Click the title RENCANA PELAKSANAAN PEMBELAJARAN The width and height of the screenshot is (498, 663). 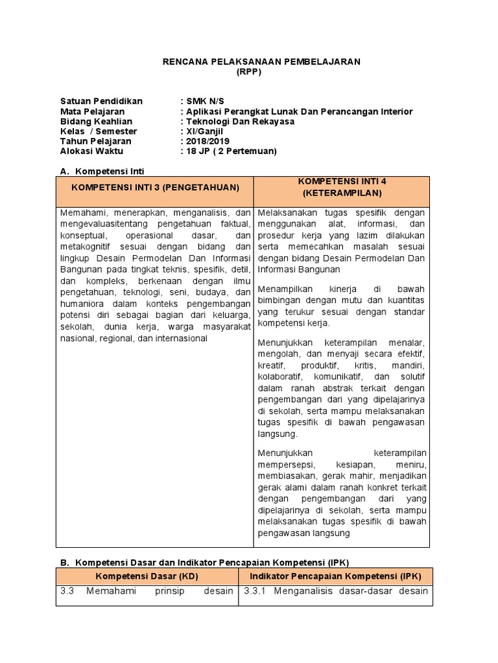coord(261,62)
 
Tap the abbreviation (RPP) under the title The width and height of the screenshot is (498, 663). coord(250,72)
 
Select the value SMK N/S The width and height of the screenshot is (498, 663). coord(204,102)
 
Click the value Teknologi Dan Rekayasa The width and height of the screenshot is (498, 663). coord(240,121)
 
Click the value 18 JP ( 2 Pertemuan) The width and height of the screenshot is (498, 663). coord(231,151)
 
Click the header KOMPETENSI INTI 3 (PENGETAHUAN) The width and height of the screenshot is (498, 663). coord(155,187)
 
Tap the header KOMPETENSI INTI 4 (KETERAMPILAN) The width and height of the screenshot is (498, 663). coord(342,187)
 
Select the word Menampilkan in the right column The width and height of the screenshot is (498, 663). coord(283,288)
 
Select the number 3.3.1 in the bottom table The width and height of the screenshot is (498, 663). coord(255,590)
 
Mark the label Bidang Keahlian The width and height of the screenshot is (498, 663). coord(96,121)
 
